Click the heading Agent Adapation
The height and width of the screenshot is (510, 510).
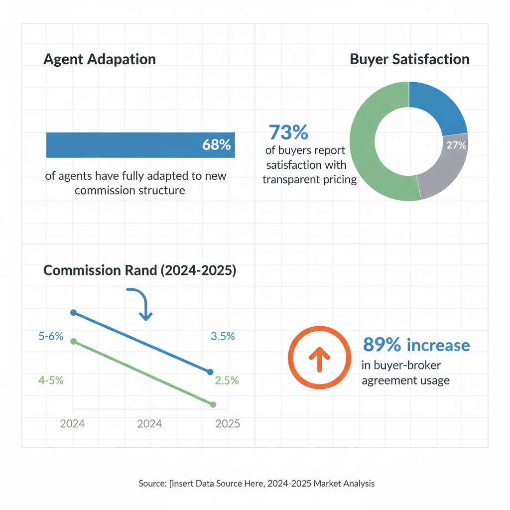pyautogui.click(x=100, y=59)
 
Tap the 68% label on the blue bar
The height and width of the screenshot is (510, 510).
pyautogui.click(x=217, y=145)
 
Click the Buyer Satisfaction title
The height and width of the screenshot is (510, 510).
pyautogui.click(x=409, y=59)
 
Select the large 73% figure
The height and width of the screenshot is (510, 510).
pyautogui.click(x=288, y=133)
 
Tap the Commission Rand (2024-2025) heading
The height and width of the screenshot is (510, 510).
pyautogui.click(x=140, y=270)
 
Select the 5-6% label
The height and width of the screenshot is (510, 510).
pyautogui.click(x=51, y=336)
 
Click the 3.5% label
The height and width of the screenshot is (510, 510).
pyautogui.click(x=223, y=336)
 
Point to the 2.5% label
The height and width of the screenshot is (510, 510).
pyautogui.click(x=227, y=381)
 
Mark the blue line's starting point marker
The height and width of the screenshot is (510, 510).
pyautogui.click(x=74, y=312)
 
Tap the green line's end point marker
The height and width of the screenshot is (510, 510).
pyautogui.click(x=213, y=404)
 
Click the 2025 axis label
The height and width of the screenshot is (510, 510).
pyautogui.click(x=228, y=423)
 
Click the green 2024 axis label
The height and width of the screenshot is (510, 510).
pyautogui.click(x=72, y=423)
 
